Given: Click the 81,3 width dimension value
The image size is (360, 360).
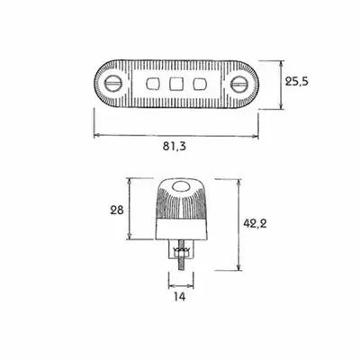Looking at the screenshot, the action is pyautogui.click(x=175, y=146).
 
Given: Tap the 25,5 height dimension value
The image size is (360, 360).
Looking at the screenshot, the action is pyautogui.click(x=296, y=81).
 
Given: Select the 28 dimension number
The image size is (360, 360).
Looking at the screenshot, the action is pyautogui.click(x=117, y=210).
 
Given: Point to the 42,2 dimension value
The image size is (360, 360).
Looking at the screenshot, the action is pyautogui.click(x=255, y=223).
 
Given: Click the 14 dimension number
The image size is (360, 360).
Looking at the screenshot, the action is pyautogui.click(x=179, y=296).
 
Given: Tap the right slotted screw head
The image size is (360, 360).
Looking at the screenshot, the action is pyautogui.click(x=240, y=84).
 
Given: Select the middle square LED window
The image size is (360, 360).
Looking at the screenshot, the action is pyautogui.click(x=175, y=84).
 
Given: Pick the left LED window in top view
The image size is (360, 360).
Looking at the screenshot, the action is pyautogui.click(x=152, y=84).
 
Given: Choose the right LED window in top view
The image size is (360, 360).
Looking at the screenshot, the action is pyautogui.click(x=198, y=84).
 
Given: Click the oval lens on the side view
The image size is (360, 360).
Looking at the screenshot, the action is pyautogui.click(x=180, y=187).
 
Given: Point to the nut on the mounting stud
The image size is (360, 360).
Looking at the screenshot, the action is pyautogui.click(x=181, y=255).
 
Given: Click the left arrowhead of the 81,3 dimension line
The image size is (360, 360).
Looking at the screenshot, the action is pyautogui.click(x=97, y=136).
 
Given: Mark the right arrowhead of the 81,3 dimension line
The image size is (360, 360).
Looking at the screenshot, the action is pyautogui.click(x=256, y=136).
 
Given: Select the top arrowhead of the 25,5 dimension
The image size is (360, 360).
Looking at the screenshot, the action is pyautogui.click(x=281, y=64).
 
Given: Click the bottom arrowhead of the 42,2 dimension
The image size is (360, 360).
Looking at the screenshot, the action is pyautogui.click(x=238, y=267).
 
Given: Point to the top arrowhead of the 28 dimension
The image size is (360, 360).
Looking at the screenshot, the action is pyautogui.click(x=130, y=182).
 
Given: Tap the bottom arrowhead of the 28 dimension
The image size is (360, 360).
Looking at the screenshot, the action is pyautogui.click(x=130, y=236).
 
